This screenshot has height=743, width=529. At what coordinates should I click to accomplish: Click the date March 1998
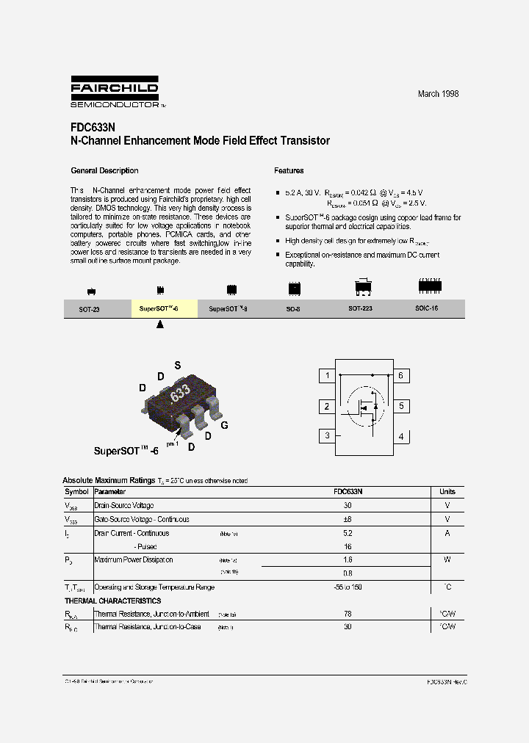(x=438, y=94)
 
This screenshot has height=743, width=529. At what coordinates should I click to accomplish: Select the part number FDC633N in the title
(x=93, y=126)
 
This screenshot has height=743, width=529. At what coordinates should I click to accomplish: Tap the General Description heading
(x=104, y=171)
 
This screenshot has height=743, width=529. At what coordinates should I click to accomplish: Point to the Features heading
(x=289, y=171)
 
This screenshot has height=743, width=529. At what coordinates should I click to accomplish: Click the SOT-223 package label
(x=360, y=309)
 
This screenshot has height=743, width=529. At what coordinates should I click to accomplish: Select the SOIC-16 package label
(x=426, y=309)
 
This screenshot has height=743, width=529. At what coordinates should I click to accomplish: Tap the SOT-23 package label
(x=89, y=310)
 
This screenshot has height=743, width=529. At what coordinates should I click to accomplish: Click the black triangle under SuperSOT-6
(x=161, y=324)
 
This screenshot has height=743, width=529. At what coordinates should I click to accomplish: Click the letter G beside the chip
(x=224, y=425)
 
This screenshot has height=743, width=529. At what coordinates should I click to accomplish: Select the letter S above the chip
(x=177, y=365)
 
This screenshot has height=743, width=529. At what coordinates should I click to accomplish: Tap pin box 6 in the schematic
(x=400, y=376)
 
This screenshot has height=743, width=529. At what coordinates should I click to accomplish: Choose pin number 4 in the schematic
(x=400, y=437)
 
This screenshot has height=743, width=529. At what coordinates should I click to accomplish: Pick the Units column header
(x=447, y=492)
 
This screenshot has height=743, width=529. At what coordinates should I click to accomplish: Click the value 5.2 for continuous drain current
(x=348, y=533)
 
